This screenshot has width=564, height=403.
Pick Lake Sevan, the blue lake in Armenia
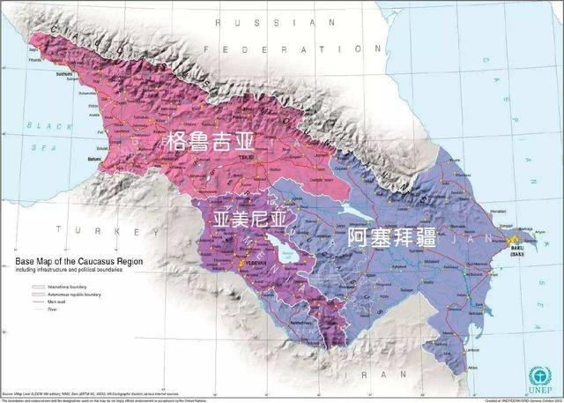pyautogui.click(x=284, y=250)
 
